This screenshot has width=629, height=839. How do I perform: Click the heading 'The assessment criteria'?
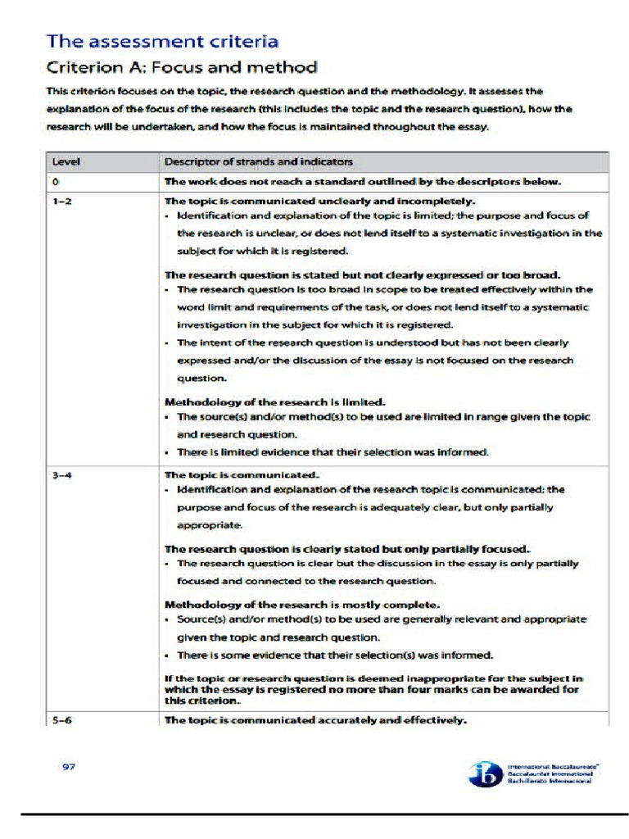(x=162, y=41)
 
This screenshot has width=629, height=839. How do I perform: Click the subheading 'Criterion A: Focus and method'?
(x=182, y=67)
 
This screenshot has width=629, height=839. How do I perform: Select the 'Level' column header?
(x=66, y=162)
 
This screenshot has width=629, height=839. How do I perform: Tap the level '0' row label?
(x=53, y=181)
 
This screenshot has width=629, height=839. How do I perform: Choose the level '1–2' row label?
(x=61, y=201)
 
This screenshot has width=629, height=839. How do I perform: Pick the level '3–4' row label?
(x=61, y=474)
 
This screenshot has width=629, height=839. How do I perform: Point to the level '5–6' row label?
(x=61, y=720)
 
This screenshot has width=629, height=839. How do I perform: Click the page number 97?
(x=70, y=767)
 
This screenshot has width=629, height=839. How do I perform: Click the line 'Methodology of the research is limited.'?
(x=275, y=402)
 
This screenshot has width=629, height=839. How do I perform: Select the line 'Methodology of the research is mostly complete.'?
(x=302, y=605)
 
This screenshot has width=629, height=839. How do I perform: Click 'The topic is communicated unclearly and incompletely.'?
(x=321, y=201)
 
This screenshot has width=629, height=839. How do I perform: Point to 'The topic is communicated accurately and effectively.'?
(x=316, y=720)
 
